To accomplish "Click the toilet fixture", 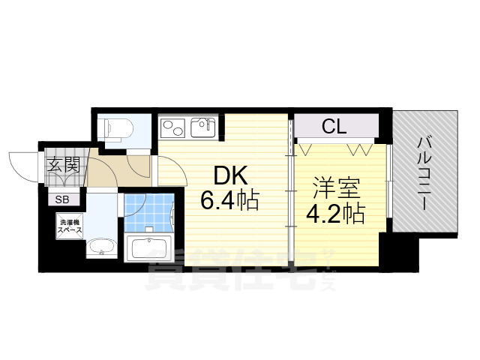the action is tap(118, 129).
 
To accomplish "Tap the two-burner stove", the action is tap(173, 127).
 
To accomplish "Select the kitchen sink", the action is tap(203, 127).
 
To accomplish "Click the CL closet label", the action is tap(334, 126).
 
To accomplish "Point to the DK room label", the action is tap(230, 177).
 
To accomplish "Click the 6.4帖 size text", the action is tap(230, 200).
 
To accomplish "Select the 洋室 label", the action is tap(336, 188).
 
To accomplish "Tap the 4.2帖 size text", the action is tap(336, 213).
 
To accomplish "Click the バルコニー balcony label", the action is tap(424, 174).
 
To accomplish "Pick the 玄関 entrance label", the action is tap(64, 164).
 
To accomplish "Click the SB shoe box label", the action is tap(62, 199).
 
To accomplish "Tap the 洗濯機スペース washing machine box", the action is tap(70, 226).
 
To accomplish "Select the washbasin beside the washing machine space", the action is tap(101, 247).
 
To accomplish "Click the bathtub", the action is tap(148, 248).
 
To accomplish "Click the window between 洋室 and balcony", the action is tap(388, 181).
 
